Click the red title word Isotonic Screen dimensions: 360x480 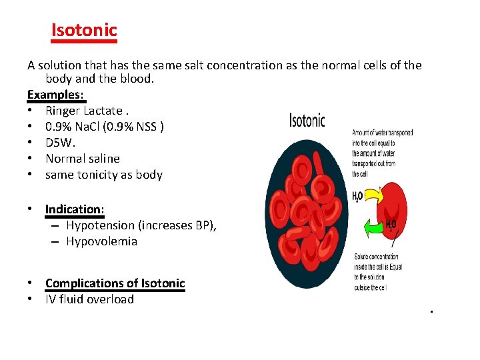(84, 30)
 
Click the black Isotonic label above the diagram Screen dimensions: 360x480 (307, 121)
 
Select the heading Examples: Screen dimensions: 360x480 (57, 95)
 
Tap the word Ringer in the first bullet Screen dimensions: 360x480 (63, 111)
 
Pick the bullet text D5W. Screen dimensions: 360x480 (59, 143)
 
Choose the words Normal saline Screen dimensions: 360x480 (83, 159)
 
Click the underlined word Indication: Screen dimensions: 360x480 (75, 209)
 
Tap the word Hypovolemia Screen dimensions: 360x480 (101, 241)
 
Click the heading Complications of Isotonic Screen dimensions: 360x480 (115, 283)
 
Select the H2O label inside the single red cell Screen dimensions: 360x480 (391, 226)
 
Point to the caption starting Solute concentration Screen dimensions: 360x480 (378, 272)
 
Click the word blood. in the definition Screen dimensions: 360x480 (137, 79)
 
